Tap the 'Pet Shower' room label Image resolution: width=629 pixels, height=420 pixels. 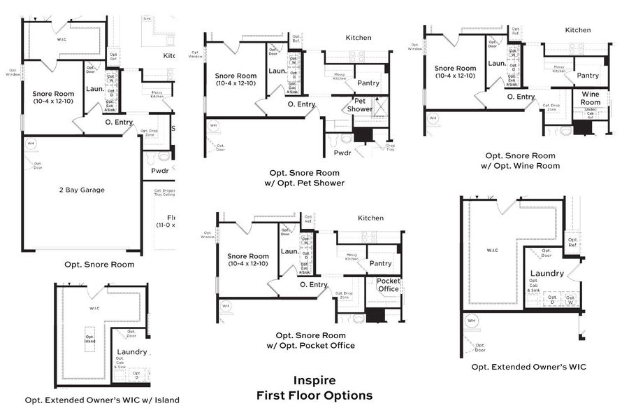[360, 105]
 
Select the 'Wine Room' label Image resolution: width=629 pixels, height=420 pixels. [591, 98]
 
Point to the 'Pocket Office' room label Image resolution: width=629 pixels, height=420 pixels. [389, 285]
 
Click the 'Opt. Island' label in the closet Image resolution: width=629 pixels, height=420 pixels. [89, 338]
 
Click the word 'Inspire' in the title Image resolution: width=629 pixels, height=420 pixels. [314, 381]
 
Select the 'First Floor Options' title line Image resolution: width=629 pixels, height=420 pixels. [314, 395]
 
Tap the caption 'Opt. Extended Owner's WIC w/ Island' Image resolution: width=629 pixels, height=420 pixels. [102, 400]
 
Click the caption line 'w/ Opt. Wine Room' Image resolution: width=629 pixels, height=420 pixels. [521, 166]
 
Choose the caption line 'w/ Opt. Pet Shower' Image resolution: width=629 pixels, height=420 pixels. [305, 183]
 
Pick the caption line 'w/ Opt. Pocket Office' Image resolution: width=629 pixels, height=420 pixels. [310, 345]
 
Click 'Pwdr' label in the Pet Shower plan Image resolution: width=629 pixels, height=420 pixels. [342, 152]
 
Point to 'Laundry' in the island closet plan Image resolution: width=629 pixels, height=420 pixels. [132, 352]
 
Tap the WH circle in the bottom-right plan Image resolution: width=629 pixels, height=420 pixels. [472, 321]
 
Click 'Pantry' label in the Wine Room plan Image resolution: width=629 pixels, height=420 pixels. [588, 76]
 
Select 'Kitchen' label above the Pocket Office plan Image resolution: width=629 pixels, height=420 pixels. [370, 218]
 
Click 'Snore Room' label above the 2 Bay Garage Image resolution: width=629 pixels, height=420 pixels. [53, 93]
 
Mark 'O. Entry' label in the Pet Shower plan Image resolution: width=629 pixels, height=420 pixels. [301, 104]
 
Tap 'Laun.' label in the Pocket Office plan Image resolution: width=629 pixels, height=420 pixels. [289, 251]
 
